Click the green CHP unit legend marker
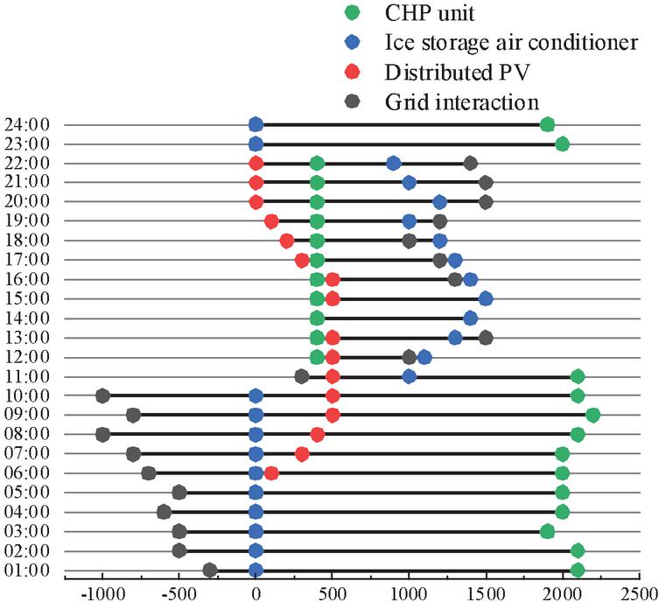coord(352,13)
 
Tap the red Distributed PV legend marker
coord(352,72)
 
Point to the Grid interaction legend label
coord(461,101)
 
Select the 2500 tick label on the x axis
coord(639,592)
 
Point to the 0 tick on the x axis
coord(256,592)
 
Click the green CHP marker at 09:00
coord(592,415)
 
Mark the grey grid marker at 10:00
coord(102,395)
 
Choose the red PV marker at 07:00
coord(302,454)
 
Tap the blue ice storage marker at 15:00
coord(486,298)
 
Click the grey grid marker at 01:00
coord(210,570)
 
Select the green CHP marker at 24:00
coord(547,124)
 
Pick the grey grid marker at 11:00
coord(302,376)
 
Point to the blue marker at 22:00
coord(394,163)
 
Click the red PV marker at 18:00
coord(286,241)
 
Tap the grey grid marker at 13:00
coord(486,338)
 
